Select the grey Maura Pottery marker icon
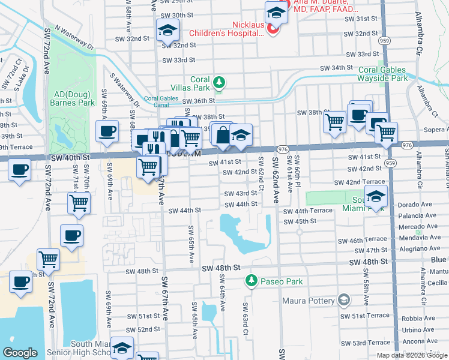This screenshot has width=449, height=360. pyautogui.click(x=343, y=299)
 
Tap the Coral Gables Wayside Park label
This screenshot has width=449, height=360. pyautogui.click(x=391, y=74)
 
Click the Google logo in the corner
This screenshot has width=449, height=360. pyautogui.click(x=20, y=353)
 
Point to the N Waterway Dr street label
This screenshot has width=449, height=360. pyautogui.click(x=74, y=37)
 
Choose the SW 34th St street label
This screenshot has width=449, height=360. pyautogui.click(x=336, y=68)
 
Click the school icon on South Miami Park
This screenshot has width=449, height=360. pyautogui.click(x=375, y=197)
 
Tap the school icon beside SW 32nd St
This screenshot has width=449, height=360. pyautogui.click(x=168, y=29)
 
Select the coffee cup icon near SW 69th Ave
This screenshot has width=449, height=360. pyautogui.click(x=107, y=131)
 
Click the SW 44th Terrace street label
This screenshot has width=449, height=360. pyautogui.click(x=307, y=212)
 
